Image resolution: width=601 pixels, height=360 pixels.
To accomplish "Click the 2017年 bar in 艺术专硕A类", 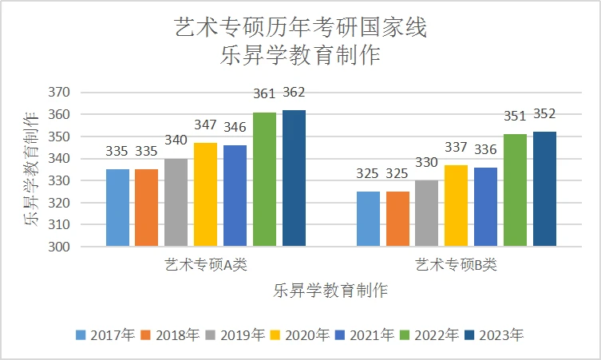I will click(117, 208).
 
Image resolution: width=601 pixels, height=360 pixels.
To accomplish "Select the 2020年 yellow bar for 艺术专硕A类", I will click(205, 195).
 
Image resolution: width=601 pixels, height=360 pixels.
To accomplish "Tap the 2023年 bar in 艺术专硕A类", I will click(294, 178).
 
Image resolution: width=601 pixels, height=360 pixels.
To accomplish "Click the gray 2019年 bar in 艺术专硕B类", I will click(426, 213).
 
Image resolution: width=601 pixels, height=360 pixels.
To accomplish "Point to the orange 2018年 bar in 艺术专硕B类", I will click(397, 219).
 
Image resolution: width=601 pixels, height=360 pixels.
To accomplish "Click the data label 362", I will click(294, 93).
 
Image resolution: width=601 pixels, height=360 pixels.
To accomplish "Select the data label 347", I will click(205, 125).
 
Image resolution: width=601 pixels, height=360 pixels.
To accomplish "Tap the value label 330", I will click(426, 163).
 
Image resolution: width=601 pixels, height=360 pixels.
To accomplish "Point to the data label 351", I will click(515, 117).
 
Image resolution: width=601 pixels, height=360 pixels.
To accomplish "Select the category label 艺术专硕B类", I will click(456, 264).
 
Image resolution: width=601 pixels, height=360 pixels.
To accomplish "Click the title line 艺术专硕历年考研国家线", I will click(300, 29).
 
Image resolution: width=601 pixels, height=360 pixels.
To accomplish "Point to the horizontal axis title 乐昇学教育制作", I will click(330, 290).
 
